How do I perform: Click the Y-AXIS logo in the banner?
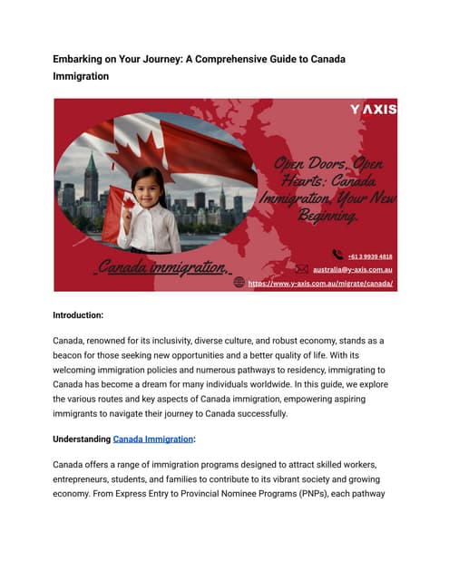(373, 110)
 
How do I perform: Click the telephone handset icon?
(337, 255)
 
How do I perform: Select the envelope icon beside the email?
(302, 268)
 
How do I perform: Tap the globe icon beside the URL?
(239, 282)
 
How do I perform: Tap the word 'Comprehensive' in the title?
(255, 58)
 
